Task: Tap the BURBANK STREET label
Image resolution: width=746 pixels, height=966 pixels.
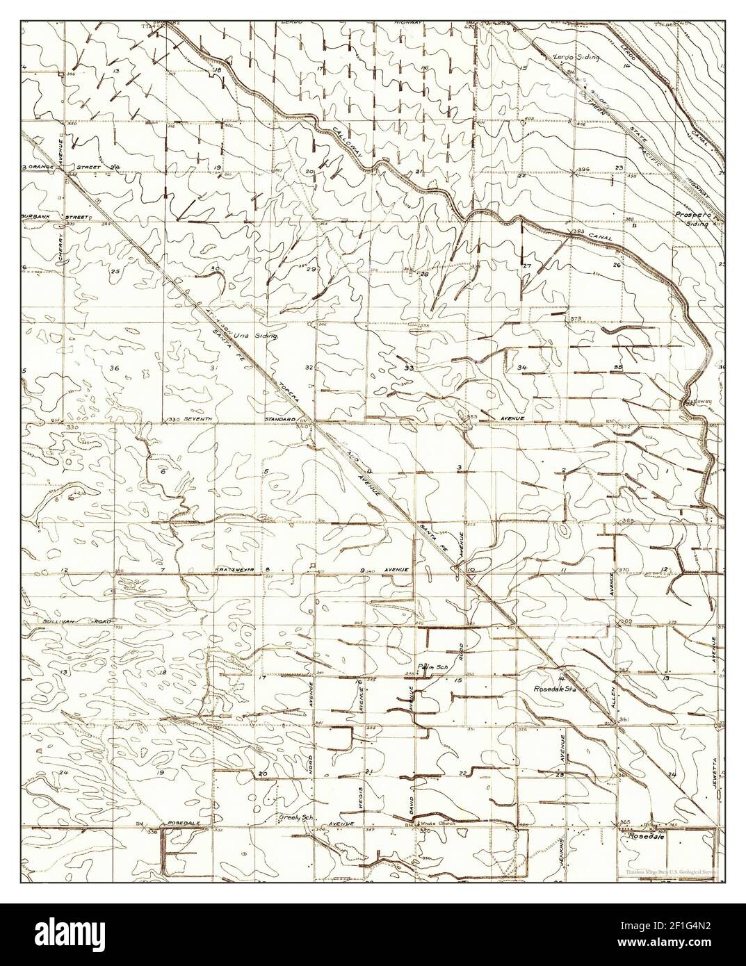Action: pos(55,218)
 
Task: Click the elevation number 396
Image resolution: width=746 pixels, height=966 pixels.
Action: pos(583,170)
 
